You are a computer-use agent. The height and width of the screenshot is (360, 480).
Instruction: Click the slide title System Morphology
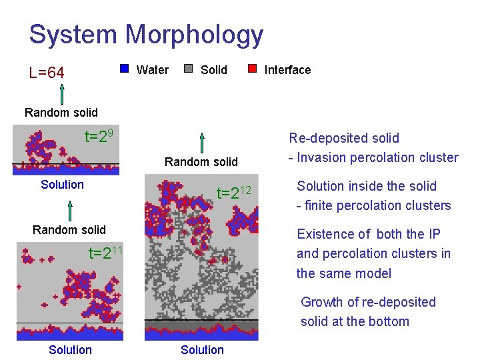(x=146, y=35)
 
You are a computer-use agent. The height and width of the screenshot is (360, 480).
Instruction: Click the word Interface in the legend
(x=287, y=70)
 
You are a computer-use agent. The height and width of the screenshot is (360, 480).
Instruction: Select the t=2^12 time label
(x=234, y=193)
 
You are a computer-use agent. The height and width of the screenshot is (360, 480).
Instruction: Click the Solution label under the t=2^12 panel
(x=202, y=350)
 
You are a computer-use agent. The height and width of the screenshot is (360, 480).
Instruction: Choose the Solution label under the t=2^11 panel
(x=70, y=350)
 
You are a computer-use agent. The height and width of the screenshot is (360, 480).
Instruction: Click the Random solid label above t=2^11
(x=69, y=230)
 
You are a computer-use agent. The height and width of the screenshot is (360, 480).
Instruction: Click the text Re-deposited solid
(x=343, y=139)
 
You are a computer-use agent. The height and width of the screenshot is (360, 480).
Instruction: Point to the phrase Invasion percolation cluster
(x=377, y=158)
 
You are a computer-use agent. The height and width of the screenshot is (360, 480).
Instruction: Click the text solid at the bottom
(x=355, y=321)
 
